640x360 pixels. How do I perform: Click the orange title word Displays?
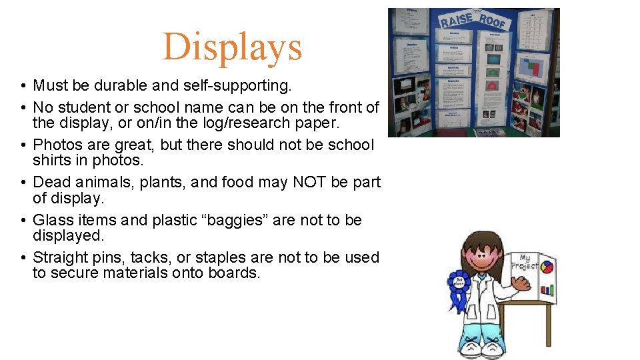tap(232, 47)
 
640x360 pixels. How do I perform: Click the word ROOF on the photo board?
tap(493, 21)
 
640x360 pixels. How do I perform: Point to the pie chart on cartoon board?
tap(547, 267)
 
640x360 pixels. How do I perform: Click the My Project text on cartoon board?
tap(525, 261)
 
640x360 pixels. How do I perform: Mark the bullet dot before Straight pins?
tap(23, 258)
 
